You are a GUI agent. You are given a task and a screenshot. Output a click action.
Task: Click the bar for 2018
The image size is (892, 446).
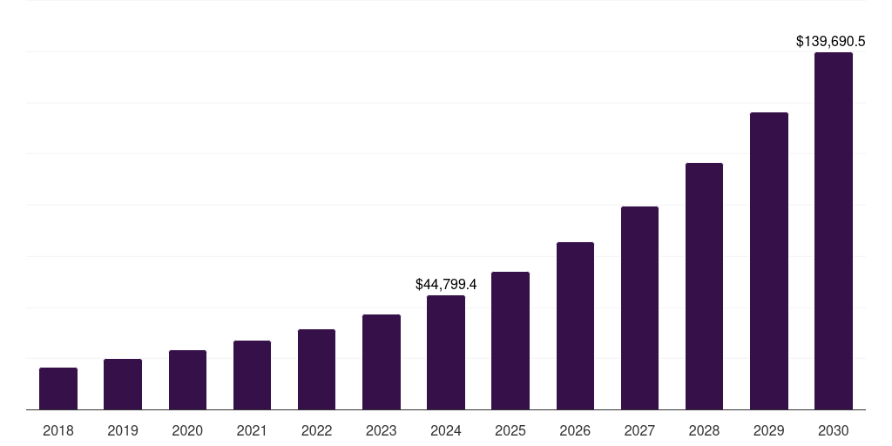coord(58,389)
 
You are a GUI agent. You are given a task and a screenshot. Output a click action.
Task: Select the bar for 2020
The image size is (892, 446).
coord(187,380)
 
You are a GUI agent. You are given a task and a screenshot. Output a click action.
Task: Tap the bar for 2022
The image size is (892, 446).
coord(316,369)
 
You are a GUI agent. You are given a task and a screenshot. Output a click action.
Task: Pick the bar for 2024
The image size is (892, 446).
coord(446,353)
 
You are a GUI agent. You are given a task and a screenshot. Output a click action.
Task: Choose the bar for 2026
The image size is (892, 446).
coord(575,326)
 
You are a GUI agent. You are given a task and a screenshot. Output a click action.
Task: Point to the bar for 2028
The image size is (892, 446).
coord(704,287)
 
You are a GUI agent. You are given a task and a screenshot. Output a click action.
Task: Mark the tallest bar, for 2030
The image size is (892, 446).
coord(834,231)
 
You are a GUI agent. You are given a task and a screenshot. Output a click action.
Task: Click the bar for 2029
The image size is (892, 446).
coord(769,261)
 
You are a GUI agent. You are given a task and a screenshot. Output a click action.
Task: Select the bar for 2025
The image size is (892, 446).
coord(510,341)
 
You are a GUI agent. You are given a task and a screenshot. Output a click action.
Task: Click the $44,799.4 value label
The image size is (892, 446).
coord(446,284)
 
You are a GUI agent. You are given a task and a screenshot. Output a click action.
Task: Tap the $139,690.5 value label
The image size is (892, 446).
coord(830,41)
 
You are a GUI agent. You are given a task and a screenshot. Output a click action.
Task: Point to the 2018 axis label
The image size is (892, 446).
coord(58,430)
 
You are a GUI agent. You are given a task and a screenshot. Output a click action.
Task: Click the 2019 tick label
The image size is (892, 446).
coord(123,430)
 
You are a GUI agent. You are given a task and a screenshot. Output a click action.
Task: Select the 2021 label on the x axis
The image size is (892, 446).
coord(252,430)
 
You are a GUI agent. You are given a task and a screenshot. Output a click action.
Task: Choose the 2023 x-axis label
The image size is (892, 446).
coord(381,430)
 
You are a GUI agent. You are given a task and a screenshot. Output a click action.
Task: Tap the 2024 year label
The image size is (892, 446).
coord(446,430)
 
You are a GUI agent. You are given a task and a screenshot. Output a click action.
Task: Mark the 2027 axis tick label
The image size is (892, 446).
coord(639,430)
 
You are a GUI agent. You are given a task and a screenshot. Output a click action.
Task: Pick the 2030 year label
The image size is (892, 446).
coord(834,430)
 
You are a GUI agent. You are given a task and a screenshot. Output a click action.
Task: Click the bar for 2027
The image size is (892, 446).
coord(639,308)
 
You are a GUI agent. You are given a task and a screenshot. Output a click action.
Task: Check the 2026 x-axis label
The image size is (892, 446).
coord(575,430)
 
